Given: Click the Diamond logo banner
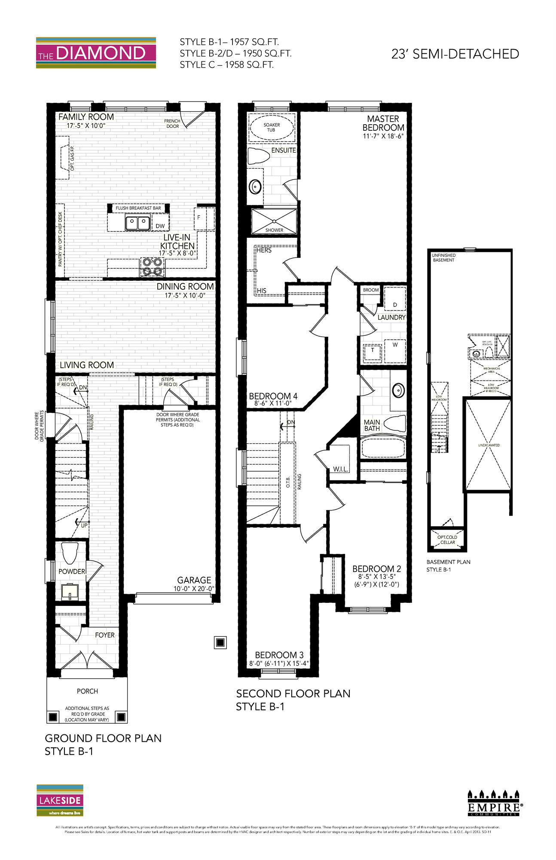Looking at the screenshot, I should pyautogui.click(x=96, y=53).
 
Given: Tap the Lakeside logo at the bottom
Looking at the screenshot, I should pyautogui.click(x=60, y=800).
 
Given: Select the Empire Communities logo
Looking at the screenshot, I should pyautogui.click(x=493, y=803).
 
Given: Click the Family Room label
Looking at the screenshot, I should pyautogui.click(x=86, y=117).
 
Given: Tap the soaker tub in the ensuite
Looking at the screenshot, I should pyautogui.click(x=272, y=127).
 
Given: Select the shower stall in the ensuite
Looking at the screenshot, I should pyautogui.click(x=274, y=221).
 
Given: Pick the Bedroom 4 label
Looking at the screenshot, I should pyautogui.click(x=273, y=396).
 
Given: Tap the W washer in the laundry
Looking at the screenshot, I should pyautogui.click(x=395, y=345).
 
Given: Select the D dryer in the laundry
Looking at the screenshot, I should pyautogui.click(x=395, y=304).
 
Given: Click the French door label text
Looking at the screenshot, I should pyautogui.click(x=172, y=124).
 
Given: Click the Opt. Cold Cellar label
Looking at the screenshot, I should pyautogui.click(x=447, y=540).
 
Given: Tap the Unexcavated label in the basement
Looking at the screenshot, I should pyautogui.click(x=489, y=445).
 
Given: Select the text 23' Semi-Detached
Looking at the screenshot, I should pyautogui.click(x=455, y=54).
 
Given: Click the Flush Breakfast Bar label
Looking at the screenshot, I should pyautogui.click(x=138, y=208).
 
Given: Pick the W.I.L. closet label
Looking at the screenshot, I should pyautogui.click(x=340, y=469).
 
